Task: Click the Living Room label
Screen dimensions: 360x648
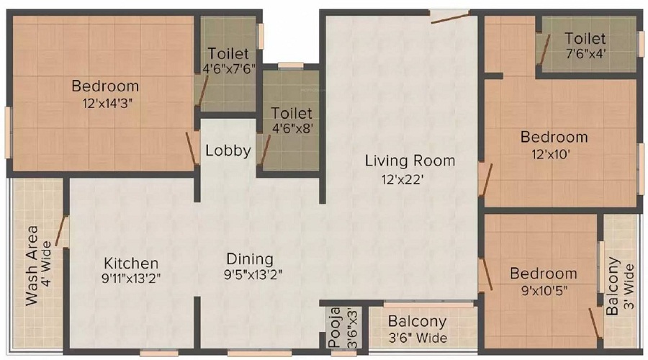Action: coord(410,161)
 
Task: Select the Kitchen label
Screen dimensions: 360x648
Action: coord(130,264)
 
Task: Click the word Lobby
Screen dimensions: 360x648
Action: coord(228,151)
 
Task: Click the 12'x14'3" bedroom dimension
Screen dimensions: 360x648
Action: coord(105,103)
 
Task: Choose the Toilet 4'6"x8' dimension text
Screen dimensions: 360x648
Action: coord(292,130)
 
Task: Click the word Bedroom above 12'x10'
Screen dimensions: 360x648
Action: coord(554,137)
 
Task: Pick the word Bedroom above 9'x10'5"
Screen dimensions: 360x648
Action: coord(544,274)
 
